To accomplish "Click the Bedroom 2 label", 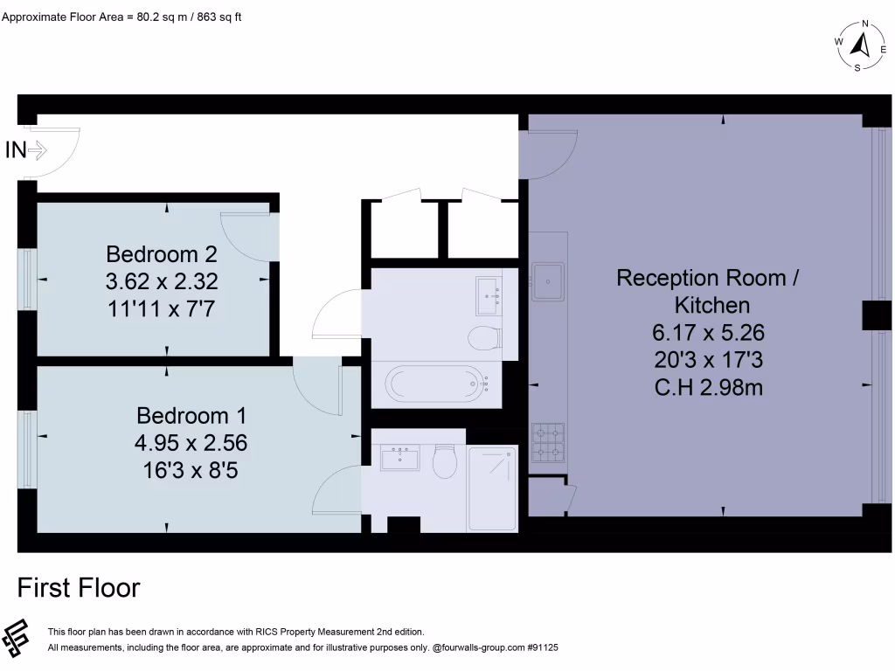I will click(x=161, y=254).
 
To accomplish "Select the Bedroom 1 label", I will click(x=191, y=415).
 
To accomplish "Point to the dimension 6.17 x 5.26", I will click(x=707, y=332).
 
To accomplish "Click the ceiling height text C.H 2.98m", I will click(x=708, y=386).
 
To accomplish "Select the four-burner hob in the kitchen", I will click(x=548, y=442).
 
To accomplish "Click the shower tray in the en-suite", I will click(x=492, y=487).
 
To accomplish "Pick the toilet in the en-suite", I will click(x=445, y=462).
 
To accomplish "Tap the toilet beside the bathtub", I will click(x=483, y=337).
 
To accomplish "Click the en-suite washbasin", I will click(x=399, y=458).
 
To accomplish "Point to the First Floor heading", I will click(x=79, y=588).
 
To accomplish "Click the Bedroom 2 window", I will click(x=28, y=279).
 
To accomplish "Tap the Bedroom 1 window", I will click(x=28, y=450).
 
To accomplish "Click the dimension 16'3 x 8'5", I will click(x=191, y=471).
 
